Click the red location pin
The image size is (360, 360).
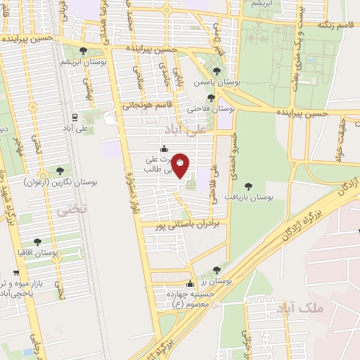click(x=181, y=165)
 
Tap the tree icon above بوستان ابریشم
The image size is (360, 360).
click(x=84, y=51)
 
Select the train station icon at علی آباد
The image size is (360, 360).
click(x=74, y=117)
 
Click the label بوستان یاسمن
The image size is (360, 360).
click(x=217, y=82)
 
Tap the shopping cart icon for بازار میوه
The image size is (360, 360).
click(x=16, y=271)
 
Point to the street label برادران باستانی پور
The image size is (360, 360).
click(x=183, y=223)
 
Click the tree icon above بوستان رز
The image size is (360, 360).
click(x=216, y=270)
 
